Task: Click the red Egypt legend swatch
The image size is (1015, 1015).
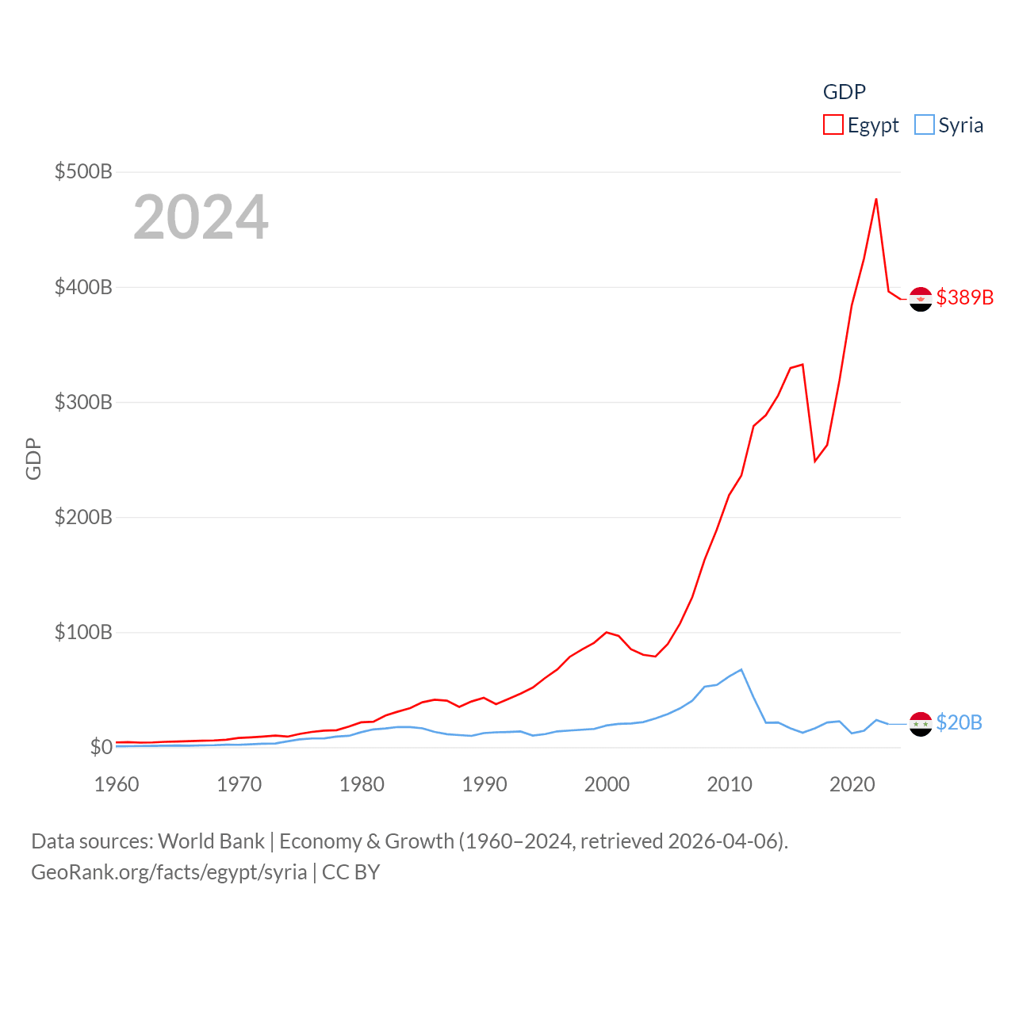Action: pos(833,125)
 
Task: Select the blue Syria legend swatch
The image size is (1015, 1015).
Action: pos(924,125)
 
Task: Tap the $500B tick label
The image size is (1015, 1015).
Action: pos(83,171)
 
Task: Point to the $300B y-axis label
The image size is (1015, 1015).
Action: pos(83,402)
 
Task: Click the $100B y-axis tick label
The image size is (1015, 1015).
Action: pos(83,632)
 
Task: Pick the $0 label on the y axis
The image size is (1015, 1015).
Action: pos(101,747)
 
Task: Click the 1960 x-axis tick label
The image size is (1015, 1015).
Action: pos(117,784)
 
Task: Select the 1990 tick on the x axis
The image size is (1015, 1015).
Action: pos(485,784)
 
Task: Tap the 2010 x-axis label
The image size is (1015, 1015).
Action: pos(730,784)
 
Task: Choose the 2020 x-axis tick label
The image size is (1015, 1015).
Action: pos(852,784)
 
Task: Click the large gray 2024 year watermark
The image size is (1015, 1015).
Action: pos(201,217)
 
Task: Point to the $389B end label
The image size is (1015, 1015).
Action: pos(964,297)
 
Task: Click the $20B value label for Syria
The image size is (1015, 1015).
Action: pos(959,722)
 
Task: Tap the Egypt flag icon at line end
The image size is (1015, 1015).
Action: pos(921,299)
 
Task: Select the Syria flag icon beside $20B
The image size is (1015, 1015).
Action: pos(921,724)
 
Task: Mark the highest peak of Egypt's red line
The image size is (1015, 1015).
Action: pos(876,199)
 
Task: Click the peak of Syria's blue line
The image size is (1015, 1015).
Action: pos(741,670)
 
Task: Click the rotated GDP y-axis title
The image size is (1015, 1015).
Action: pos(33,458)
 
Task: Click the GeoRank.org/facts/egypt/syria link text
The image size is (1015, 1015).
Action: pos(169,872)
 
